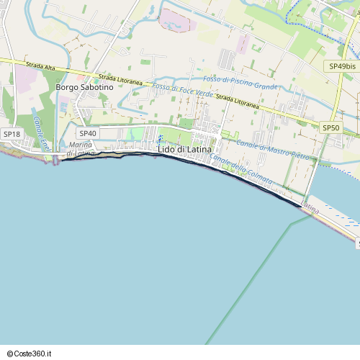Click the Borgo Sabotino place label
[85, 87]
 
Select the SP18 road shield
[12, 134]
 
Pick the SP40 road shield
[88, 133]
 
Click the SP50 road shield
[330, 127]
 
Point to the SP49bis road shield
[341, 66]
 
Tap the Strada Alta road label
[40, 66]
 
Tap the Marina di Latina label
[80, 149]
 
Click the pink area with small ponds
[176, 20]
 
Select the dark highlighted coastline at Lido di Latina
[238, 176]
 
